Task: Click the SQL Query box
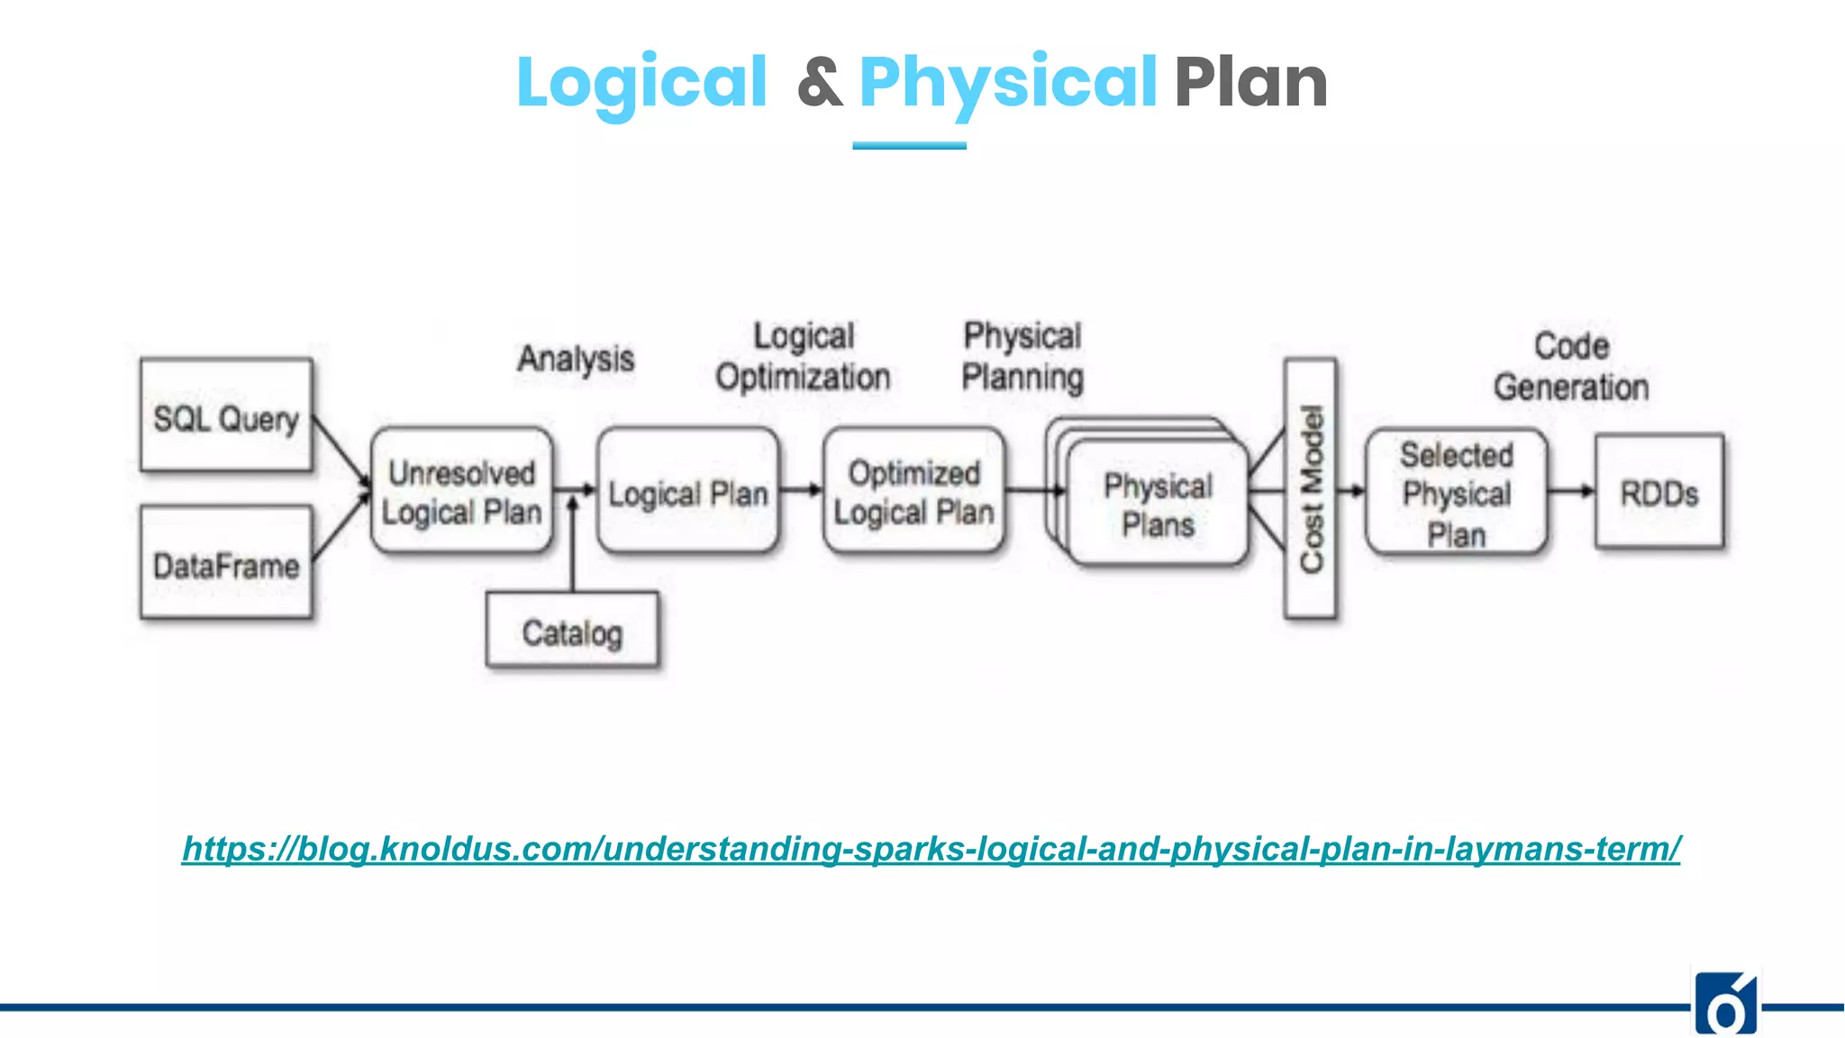(226, 415)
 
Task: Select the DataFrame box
(226, 563)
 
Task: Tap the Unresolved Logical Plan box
(461, 491)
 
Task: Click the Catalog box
(572, 631)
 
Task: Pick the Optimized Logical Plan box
(913, 491)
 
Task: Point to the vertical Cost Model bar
(1310, 488)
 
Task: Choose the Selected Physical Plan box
(1456, 493)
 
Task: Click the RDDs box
(1659, 492)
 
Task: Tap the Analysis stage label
(576, 359)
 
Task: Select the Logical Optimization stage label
(803, 357)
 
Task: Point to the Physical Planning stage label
(1022, 357)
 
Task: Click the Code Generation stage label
(1571, 367)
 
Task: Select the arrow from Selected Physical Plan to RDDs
(1571, 491)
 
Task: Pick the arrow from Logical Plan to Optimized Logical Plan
(801, 490)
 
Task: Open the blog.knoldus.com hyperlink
(931, 849)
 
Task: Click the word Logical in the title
(641, 83)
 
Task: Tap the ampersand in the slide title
(820, 83)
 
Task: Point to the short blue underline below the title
(909, 145)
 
